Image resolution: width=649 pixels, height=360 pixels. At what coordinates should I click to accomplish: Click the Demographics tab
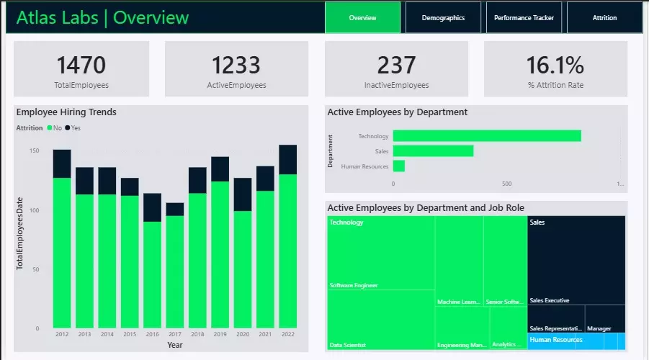(x=443, y=17)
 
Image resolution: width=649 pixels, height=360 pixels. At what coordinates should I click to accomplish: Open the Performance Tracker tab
(x=524, y=17)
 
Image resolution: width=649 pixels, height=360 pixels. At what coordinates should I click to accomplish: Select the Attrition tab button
(x=604, y=17)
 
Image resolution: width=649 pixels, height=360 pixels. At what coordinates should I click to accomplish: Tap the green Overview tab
(x=362, y=17)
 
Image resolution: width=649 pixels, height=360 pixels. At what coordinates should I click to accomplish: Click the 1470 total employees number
(x=81, y=65)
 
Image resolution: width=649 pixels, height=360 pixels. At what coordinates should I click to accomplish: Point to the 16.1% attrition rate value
(x=555, y=65)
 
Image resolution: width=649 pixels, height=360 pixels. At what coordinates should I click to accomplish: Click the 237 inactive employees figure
(x=396, y=65)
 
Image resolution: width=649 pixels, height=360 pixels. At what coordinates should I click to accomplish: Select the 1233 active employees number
(x=236, y=65)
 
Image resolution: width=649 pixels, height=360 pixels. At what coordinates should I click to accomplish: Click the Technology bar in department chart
(x=487, y=136)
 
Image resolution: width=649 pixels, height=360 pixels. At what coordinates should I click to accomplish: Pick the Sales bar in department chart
(x=433, y=151)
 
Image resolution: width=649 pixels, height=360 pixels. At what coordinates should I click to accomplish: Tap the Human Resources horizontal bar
(x=398, y=166)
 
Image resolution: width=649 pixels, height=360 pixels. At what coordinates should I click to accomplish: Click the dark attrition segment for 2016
(x=152, y=207)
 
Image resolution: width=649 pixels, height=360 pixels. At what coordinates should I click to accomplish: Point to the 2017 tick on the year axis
(x=174, y=335)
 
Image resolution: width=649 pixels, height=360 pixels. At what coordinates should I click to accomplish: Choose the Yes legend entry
(x=73, y=127)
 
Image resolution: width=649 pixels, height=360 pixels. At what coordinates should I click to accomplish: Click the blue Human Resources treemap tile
(x=576, y=341)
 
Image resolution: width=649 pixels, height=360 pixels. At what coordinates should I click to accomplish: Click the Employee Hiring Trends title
(x=66, y=112)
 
